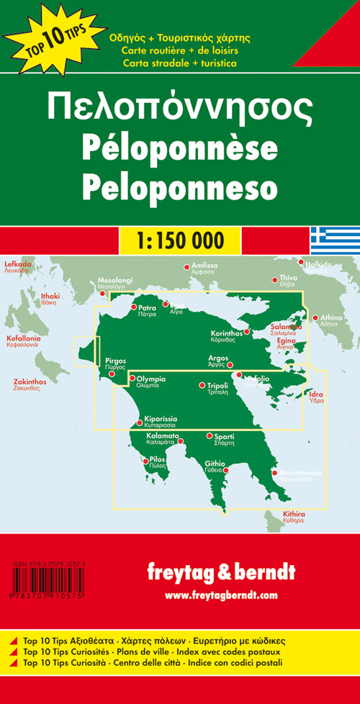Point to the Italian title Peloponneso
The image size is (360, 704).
pos(180,184)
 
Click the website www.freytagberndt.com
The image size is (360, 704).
pos(220,595)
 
